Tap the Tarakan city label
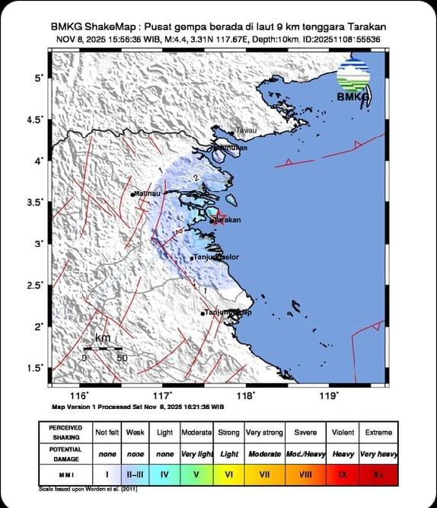227,219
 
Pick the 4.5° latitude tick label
36,120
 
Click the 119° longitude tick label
328,395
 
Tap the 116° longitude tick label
79,395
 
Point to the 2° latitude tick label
39,326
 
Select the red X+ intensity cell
378,474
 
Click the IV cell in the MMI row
165,474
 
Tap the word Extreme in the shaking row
378,432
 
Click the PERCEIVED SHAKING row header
67,432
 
